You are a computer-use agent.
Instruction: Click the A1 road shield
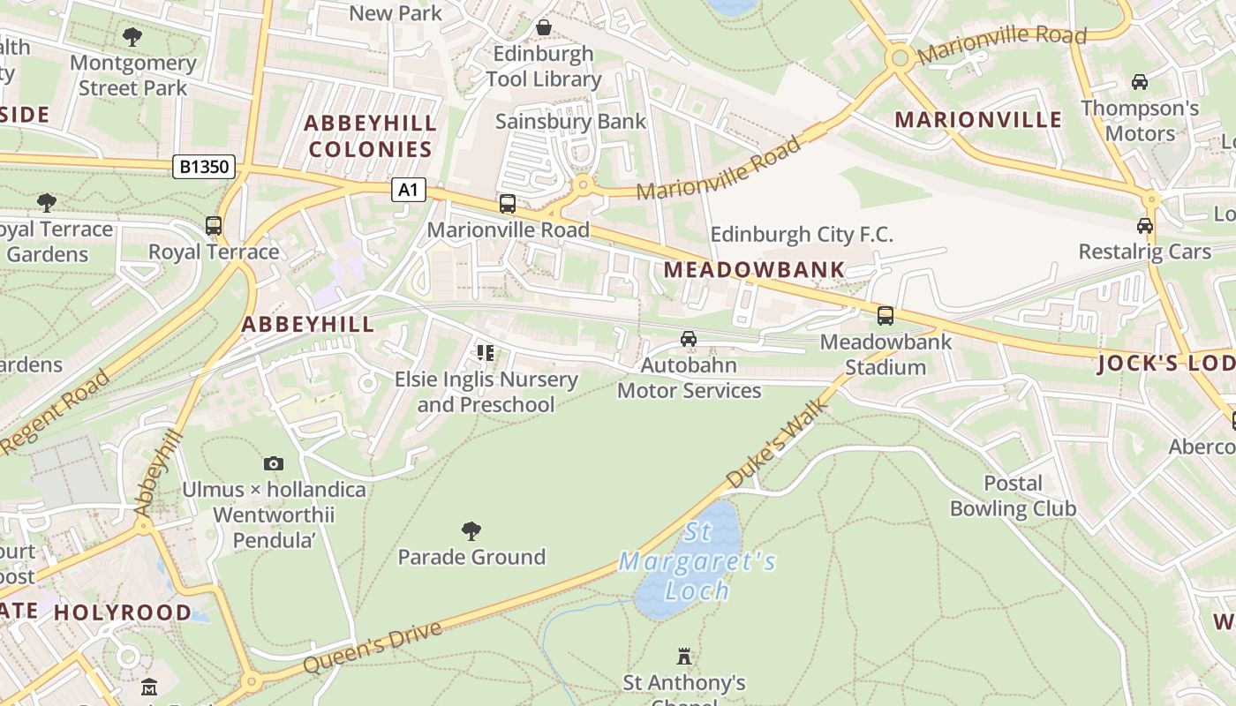tap(409, 189)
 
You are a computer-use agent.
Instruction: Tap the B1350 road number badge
tap(204, 166)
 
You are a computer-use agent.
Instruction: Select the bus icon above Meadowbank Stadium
tap(886, 315)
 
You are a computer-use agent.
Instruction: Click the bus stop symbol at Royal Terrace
tap(214, 225)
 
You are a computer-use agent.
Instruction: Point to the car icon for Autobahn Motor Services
tap(689, 338)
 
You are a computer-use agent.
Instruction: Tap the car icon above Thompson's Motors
tap(1140, 82)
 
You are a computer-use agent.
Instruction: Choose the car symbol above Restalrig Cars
tap(1145, 225)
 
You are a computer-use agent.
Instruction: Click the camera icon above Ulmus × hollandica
tap(274, 463)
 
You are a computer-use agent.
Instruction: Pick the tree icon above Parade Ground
tap(471, 530)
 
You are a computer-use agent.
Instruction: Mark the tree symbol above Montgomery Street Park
tap(132, 37)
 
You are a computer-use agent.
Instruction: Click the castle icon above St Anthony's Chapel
tap(684, 656)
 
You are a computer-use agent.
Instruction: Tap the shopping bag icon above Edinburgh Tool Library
tap(544, 27)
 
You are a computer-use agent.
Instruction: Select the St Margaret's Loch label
tap(697, 561)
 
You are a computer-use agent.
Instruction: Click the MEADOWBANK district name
tap(755, 270)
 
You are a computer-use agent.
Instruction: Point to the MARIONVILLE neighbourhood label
tap(978, 120)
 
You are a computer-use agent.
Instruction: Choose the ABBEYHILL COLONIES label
tap(371, 136)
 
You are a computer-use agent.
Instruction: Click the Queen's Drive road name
tap(372, 649)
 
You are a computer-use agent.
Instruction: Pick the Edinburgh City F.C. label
tap(802, 235)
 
